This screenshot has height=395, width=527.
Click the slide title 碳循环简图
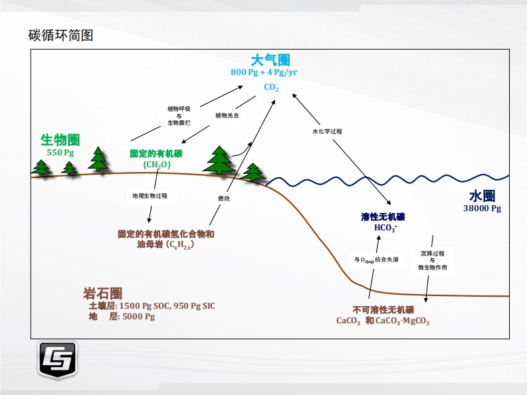point(60,35)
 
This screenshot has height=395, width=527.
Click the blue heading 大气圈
point(270,60)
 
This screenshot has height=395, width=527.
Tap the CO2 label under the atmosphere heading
point(271,88)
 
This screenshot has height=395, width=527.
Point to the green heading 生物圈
point(60,140)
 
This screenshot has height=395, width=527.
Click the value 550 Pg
point(60,153)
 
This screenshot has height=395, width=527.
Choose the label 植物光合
point(227,115)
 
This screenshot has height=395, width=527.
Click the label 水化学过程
point(327,131)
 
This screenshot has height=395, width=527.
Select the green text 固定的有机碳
point(156,153)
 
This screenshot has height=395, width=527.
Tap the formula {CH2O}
point(157,165)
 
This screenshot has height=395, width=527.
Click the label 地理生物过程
point(150,196)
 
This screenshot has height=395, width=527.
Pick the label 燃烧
point(224,198)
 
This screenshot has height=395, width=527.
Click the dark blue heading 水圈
point(482,197)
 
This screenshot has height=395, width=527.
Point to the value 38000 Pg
point(482,208)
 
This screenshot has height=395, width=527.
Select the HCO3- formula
point(385,228)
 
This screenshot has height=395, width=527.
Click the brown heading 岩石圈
point(103,293)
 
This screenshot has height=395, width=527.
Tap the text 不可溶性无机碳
point(383,310)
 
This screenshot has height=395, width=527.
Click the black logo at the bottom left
point(57,361)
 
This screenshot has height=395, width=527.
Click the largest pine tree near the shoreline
point(220,159)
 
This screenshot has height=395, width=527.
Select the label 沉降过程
point(432,253)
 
